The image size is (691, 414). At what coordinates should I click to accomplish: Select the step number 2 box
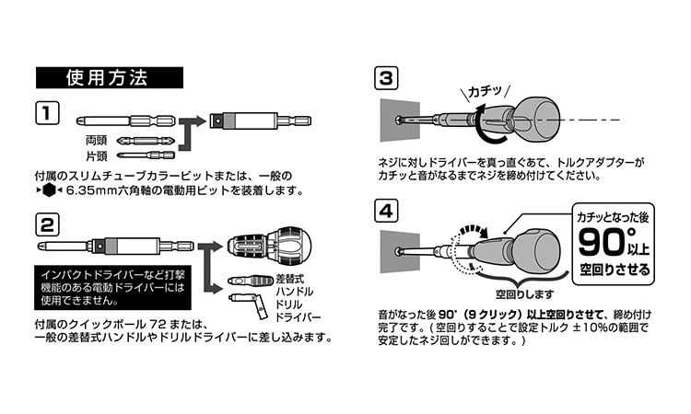[47, 224]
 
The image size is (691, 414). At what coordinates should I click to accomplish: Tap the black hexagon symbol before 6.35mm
[48, 191]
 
